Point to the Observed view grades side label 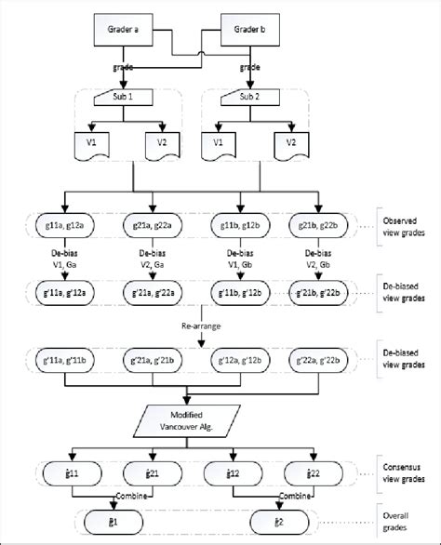point(404,225)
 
